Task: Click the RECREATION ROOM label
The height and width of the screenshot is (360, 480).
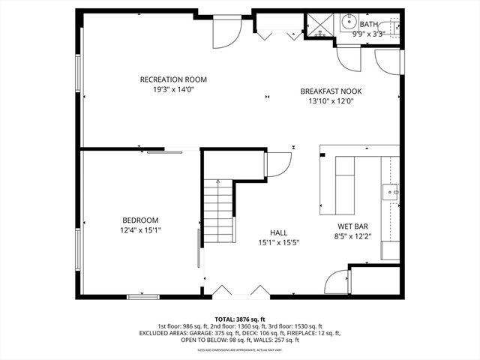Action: (x=173, y=79)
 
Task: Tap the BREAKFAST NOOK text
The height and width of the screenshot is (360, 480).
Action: (x=331, y=91)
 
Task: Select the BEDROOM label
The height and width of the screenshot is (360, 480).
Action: (x=140, y=220)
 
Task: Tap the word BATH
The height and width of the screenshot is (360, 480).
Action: (x=369, y=24)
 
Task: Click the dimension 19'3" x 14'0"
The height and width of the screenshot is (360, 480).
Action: (x=173, y=90)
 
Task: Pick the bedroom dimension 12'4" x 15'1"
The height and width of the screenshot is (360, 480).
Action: (x=140, y=230)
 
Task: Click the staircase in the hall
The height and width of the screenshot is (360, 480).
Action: (x=218, y=214)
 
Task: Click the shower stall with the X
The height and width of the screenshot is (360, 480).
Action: (x=321, y=26)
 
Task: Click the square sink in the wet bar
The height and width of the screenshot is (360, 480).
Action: (x=391, y=193)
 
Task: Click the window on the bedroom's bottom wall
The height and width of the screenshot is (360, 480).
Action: (x=142, y=297)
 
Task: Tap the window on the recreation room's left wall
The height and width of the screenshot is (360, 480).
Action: (x=79, y=75)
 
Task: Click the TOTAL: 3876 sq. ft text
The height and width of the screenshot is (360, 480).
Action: (x=240, y=319)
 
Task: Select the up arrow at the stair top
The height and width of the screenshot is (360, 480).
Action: (x=218, y=183)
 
